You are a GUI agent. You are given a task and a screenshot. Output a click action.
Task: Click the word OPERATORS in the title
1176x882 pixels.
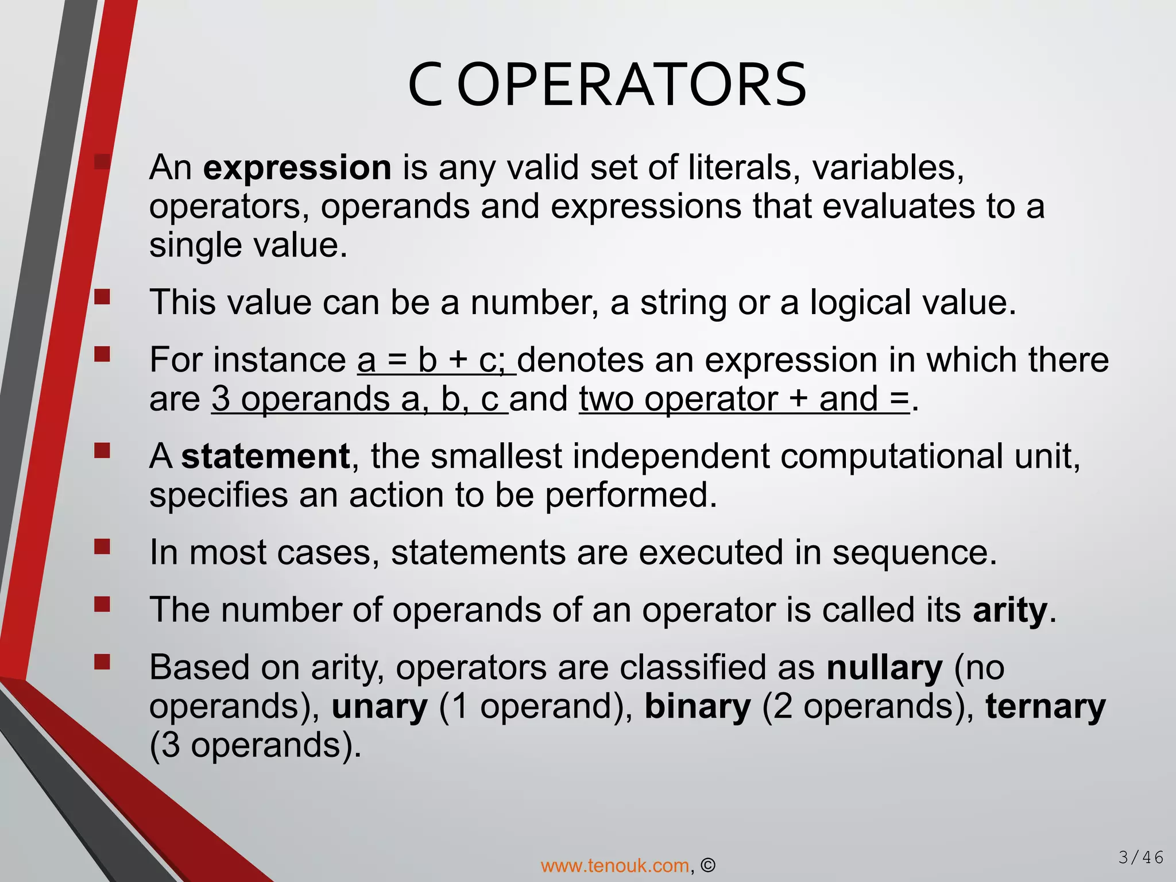[632, 86]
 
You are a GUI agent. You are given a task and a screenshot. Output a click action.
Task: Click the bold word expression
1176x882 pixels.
[297, 168]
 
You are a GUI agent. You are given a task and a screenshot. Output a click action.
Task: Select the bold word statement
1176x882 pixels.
[265, 457]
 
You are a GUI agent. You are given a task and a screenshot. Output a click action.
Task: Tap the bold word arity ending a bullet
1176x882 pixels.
[1010, 610]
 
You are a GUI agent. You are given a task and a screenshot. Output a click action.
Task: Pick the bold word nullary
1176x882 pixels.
[884, 668]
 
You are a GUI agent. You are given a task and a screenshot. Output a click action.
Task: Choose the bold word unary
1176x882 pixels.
[380, 706]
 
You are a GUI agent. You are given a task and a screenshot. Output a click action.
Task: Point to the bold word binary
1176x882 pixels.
[697, 706]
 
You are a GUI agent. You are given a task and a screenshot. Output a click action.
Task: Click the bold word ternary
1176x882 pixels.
[1045, 706]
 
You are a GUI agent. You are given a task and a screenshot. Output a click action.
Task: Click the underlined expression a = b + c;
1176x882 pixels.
[436, 361]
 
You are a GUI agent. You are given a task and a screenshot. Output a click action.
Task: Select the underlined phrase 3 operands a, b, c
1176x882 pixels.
[359, 399]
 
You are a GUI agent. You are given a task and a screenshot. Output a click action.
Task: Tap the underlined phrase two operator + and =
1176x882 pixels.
[744, 399]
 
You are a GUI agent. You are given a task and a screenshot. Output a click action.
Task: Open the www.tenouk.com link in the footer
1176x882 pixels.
[615, 865]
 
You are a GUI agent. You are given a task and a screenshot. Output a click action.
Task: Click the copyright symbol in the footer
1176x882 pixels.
[709, 865]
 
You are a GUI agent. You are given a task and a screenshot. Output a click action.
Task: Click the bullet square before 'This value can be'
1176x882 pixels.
[102, 296]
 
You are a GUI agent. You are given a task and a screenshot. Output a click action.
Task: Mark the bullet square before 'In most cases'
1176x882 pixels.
[102, 546]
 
